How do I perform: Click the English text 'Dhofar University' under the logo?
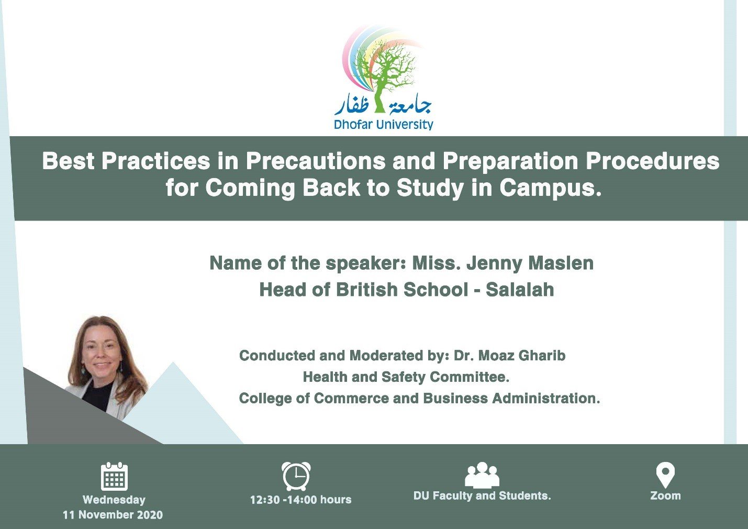tap(383, 125)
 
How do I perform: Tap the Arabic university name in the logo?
tap(383, 106)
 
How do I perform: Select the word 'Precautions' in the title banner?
tap(315, 161)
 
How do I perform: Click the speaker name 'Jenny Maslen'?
tap(530, 263)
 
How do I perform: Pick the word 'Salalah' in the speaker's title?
tap(520, 289)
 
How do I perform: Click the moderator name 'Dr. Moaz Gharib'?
tap(509, 355)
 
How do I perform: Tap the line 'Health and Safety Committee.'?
tap(406, 377)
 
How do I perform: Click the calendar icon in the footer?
tap(114, 476)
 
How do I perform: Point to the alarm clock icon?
tap(296, 476)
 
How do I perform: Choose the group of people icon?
tap(482, 475)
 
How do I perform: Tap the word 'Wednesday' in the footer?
tap(114, 500)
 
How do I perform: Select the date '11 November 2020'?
tap(113, 515)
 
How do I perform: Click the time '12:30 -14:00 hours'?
tap(300, 500)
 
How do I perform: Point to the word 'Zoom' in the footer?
tap(665, 495)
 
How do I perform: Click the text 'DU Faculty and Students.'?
tap(482, 495)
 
